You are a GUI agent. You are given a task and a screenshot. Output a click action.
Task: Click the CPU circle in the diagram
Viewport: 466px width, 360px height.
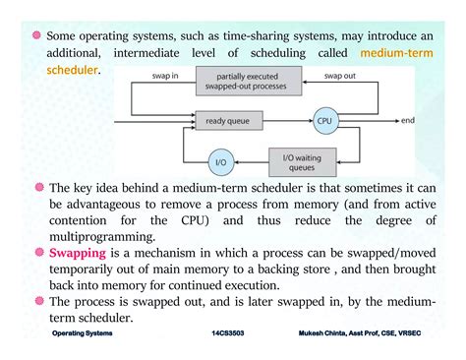pos(326,122)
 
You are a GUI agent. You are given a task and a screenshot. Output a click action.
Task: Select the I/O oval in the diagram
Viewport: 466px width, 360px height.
pos(221,160)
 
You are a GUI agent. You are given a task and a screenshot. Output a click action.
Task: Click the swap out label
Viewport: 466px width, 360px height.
pos(340,75)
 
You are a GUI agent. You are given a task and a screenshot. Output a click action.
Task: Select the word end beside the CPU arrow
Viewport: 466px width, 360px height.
pos(409,122)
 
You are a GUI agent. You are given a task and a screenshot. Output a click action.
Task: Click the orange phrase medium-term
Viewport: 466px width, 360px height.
pos(404,52)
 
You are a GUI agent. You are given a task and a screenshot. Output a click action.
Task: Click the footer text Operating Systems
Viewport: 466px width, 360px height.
pos(83,334)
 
